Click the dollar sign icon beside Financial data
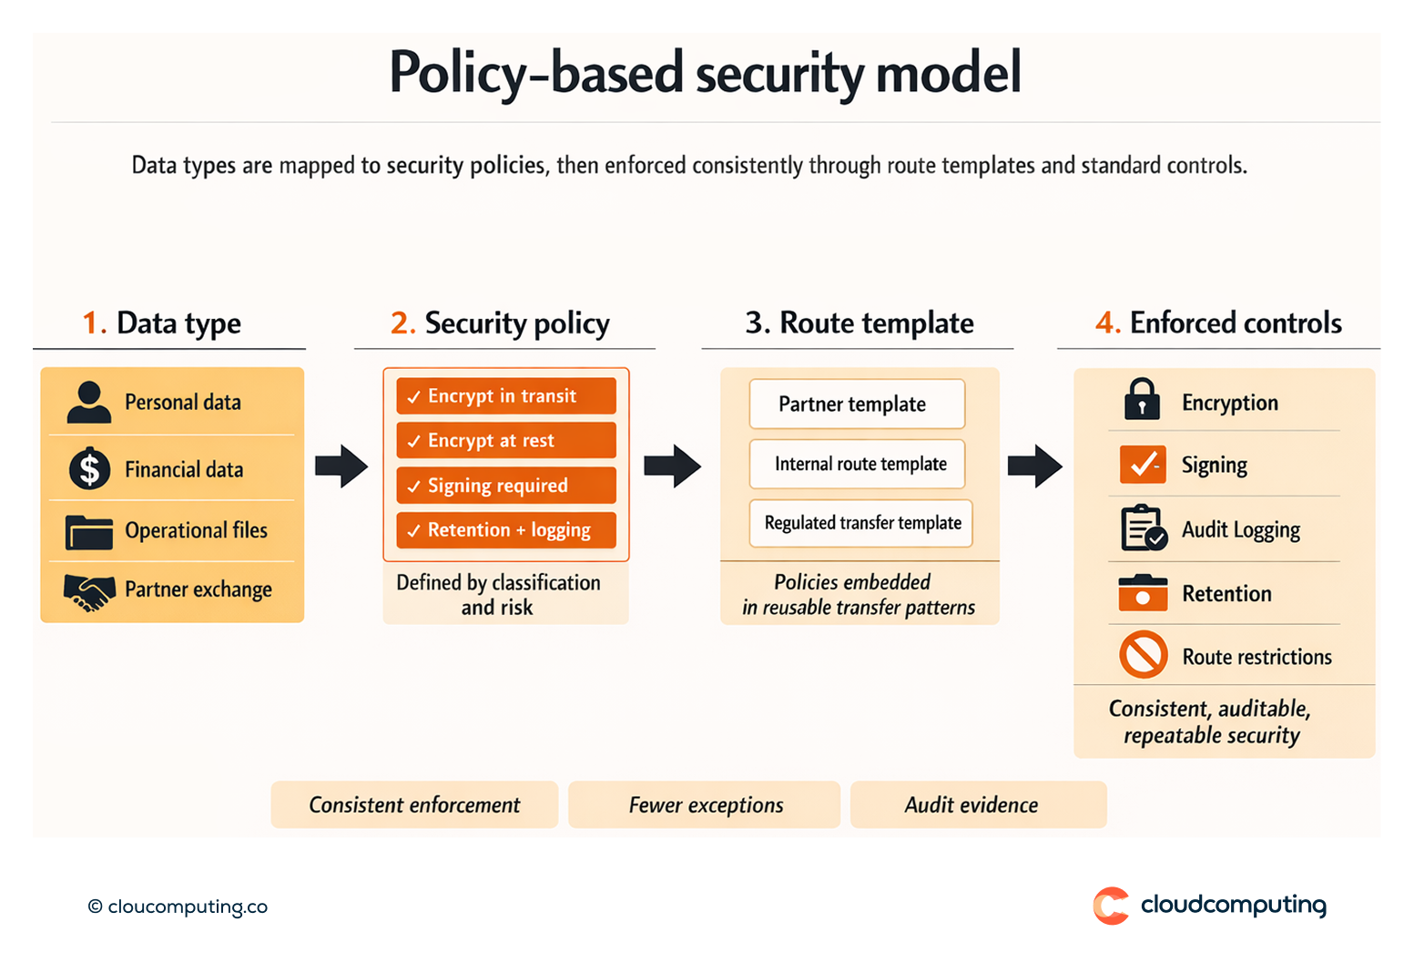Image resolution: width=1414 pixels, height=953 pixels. [x=89, y=469]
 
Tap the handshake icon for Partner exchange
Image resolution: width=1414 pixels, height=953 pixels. [x=89, y=591]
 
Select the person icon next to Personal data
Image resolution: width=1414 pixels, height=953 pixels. [x=89, y=402]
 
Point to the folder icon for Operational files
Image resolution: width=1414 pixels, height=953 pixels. [x=89, y=531]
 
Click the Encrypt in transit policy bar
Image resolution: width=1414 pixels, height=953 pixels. [x=506, y=396]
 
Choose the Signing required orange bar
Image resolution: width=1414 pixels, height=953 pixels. [x=506, y=486]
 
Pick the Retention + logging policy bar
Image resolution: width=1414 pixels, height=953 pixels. [x=506, y=530]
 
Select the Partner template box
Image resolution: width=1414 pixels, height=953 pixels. [x=857, y=404]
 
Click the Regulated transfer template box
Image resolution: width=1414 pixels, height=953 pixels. [x=861, y=523]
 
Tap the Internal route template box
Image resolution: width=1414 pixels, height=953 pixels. [x=857, y=464]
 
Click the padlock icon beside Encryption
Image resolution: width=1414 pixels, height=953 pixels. [x=1142, y=399]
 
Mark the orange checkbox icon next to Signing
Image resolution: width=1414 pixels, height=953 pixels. [x=1143, y=465]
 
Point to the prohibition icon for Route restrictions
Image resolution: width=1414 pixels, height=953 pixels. [x=1144, y=654]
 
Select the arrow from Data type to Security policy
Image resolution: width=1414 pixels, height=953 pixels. [x=341, y=466]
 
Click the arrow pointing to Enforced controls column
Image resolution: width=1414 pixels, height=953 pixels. [x=1035, y=466]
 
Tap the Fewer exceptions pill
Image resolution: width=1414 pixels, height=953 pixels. [x=704, y=804]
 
